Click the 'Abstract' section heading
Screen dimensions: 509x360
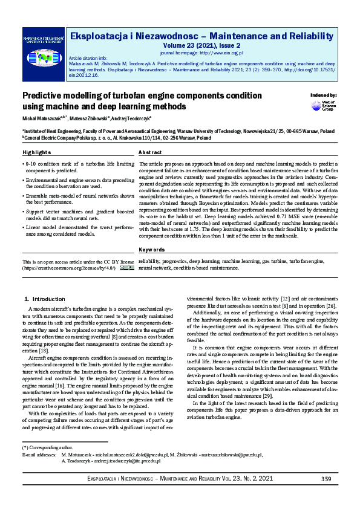tap(150, 152)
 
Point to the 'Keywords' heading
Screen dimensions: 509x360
tap(151, 250)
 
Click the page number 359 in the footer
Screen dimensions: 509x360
tap(326, 479)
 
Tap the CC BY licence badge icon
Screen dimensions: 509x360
tap(126, 267)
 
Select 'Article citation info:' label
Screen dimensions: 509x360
tap(90, 57)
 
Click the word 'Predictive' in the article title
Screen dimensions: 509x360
tap(43, 96)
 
